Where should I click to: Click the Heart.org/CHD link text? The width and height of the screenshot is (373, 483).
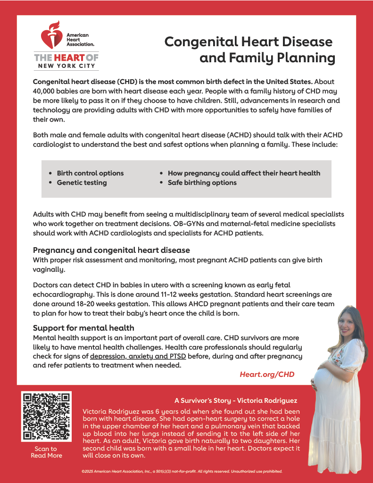(267, 374)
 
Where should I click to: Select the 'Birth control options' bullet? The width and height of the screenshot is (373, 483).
(90, 173)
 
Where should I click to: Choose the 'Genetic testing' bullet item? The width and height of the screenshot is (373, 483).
(82, 183)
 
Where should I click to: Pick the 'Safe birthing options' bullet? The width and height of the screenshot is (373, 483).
(202, 183)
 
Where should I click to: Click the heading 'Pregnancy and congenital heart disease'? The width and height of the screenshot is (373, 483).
(111, 250)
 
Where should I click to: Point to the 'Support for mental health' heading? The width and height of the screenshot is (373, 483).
(83, 328)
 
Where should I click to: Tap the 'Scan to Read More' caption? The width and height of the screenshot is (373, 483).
(46, 452)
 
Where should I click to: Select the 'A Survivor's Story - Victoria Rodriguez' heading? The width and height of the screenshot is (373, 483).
(236, 400)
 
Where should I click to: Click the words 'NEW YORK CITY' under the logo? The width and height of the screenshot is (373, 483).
(66, 66)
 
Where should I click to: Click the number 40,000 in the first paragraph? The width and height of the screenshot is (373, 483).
(46, 91)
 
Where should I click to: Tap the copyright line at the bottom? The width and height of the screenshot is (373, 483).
(182, 471)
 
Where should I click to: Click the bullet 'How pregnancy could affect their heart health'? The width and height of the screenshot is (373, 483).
(244, 173)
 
